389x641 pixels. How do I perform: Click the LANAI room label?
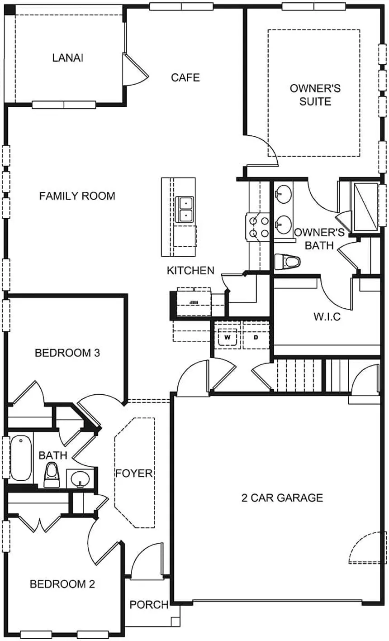click(68, 58)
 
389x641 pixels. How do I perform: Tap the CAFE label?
click(185, 77)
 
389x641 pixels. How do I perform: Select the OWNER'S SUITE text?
click(315, 95)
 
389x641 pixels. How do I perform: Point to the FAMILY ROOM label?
click(77, 196)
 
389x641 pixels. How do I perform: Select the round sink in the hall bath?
click(81, 478)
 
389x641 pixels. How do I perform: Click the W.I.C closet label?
click(327, 316)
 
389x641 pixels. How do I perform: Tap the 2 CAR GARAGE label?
click(282, 498)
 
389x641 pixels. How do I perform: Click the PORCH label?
click(149, 604)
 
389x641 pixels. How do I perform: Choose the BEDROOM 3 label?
click(67, 353)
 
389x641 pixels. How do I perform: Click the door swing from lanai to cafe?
click(136, 68)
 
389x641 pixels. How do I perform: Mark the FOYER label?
click(134, 474)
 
